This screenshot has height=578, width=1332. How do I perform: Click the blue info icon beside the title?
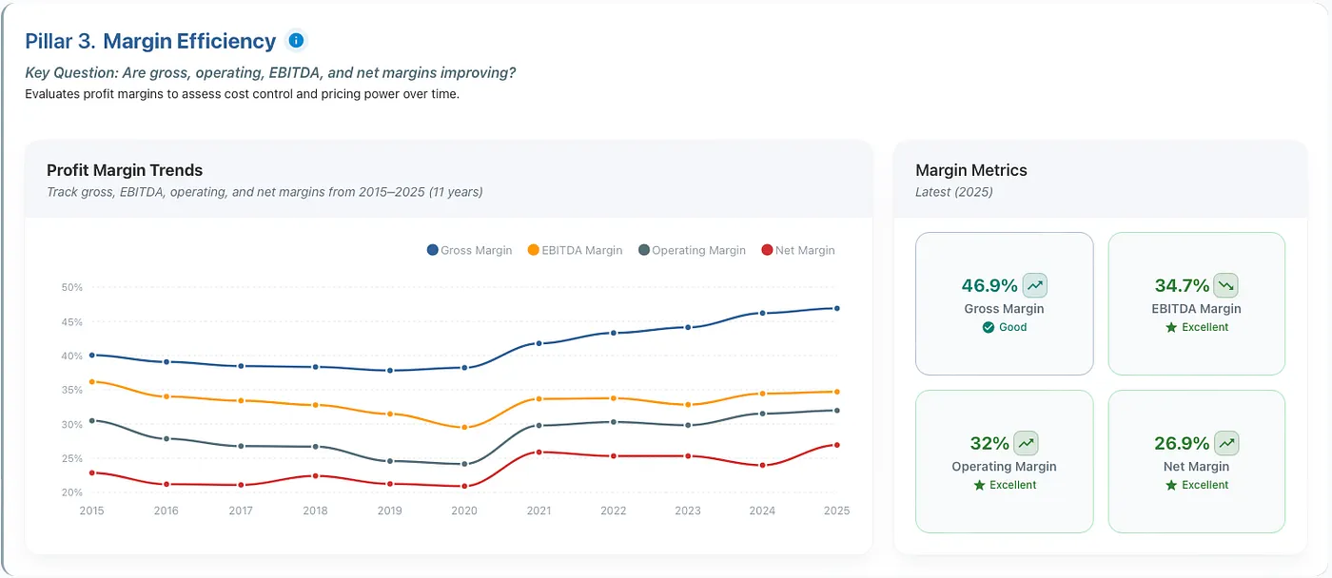[x=296, y=40]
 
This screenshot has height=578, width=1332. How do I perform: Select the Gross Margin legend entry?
[x=469, y=250]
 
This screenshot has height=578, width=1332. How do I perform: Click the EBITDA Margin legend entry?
[x=575, y=250]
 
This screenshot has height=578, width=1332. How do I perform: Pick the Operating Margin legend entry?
[x=692, y=250]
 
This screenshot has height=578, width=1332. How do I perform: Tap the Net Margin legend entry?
[x=798, y=250]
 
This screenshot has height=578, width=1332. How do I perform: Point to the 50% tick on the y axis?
[x=72, y=287]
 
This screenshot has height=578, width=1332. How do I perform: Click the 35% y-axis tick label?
[x=72, y=390]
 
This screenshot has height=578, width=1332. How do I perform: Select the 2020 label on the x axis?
[x=464, y=511]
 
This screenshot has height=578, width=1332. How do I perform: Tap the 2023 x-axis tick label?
[x=688, y=511]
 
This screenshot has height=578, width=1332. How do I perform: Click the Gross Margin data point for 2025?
[x=837, y=308]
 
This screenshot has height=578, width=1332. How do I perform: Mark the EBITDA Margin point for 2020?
[x=464, y=427]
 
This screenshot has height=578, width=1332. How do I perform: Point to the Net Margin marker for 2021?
[x=539, y=453]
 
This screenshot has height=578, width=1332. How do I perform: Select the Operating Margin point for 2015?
[x=91, y=420]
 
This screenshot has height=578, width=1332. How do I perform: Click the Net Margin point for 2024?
[x=762, y=465]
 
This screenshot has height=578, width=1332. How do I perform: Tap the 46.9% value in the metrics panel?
[x=989, y=286]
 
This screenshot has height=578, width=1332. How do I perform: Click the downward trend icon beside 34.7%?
[x=1225, y=285]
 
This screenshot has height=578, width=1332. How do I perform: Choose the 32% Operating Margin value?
[x=989, y=443]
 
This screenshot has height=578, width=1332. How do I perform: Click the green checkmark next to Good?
[x=989, y=327]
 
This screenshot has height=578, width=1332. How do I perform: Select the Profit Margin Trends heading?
[x=125, y=170]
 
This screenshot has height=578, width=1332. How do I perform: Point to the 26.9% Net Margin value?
[x=1182, y=443]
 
